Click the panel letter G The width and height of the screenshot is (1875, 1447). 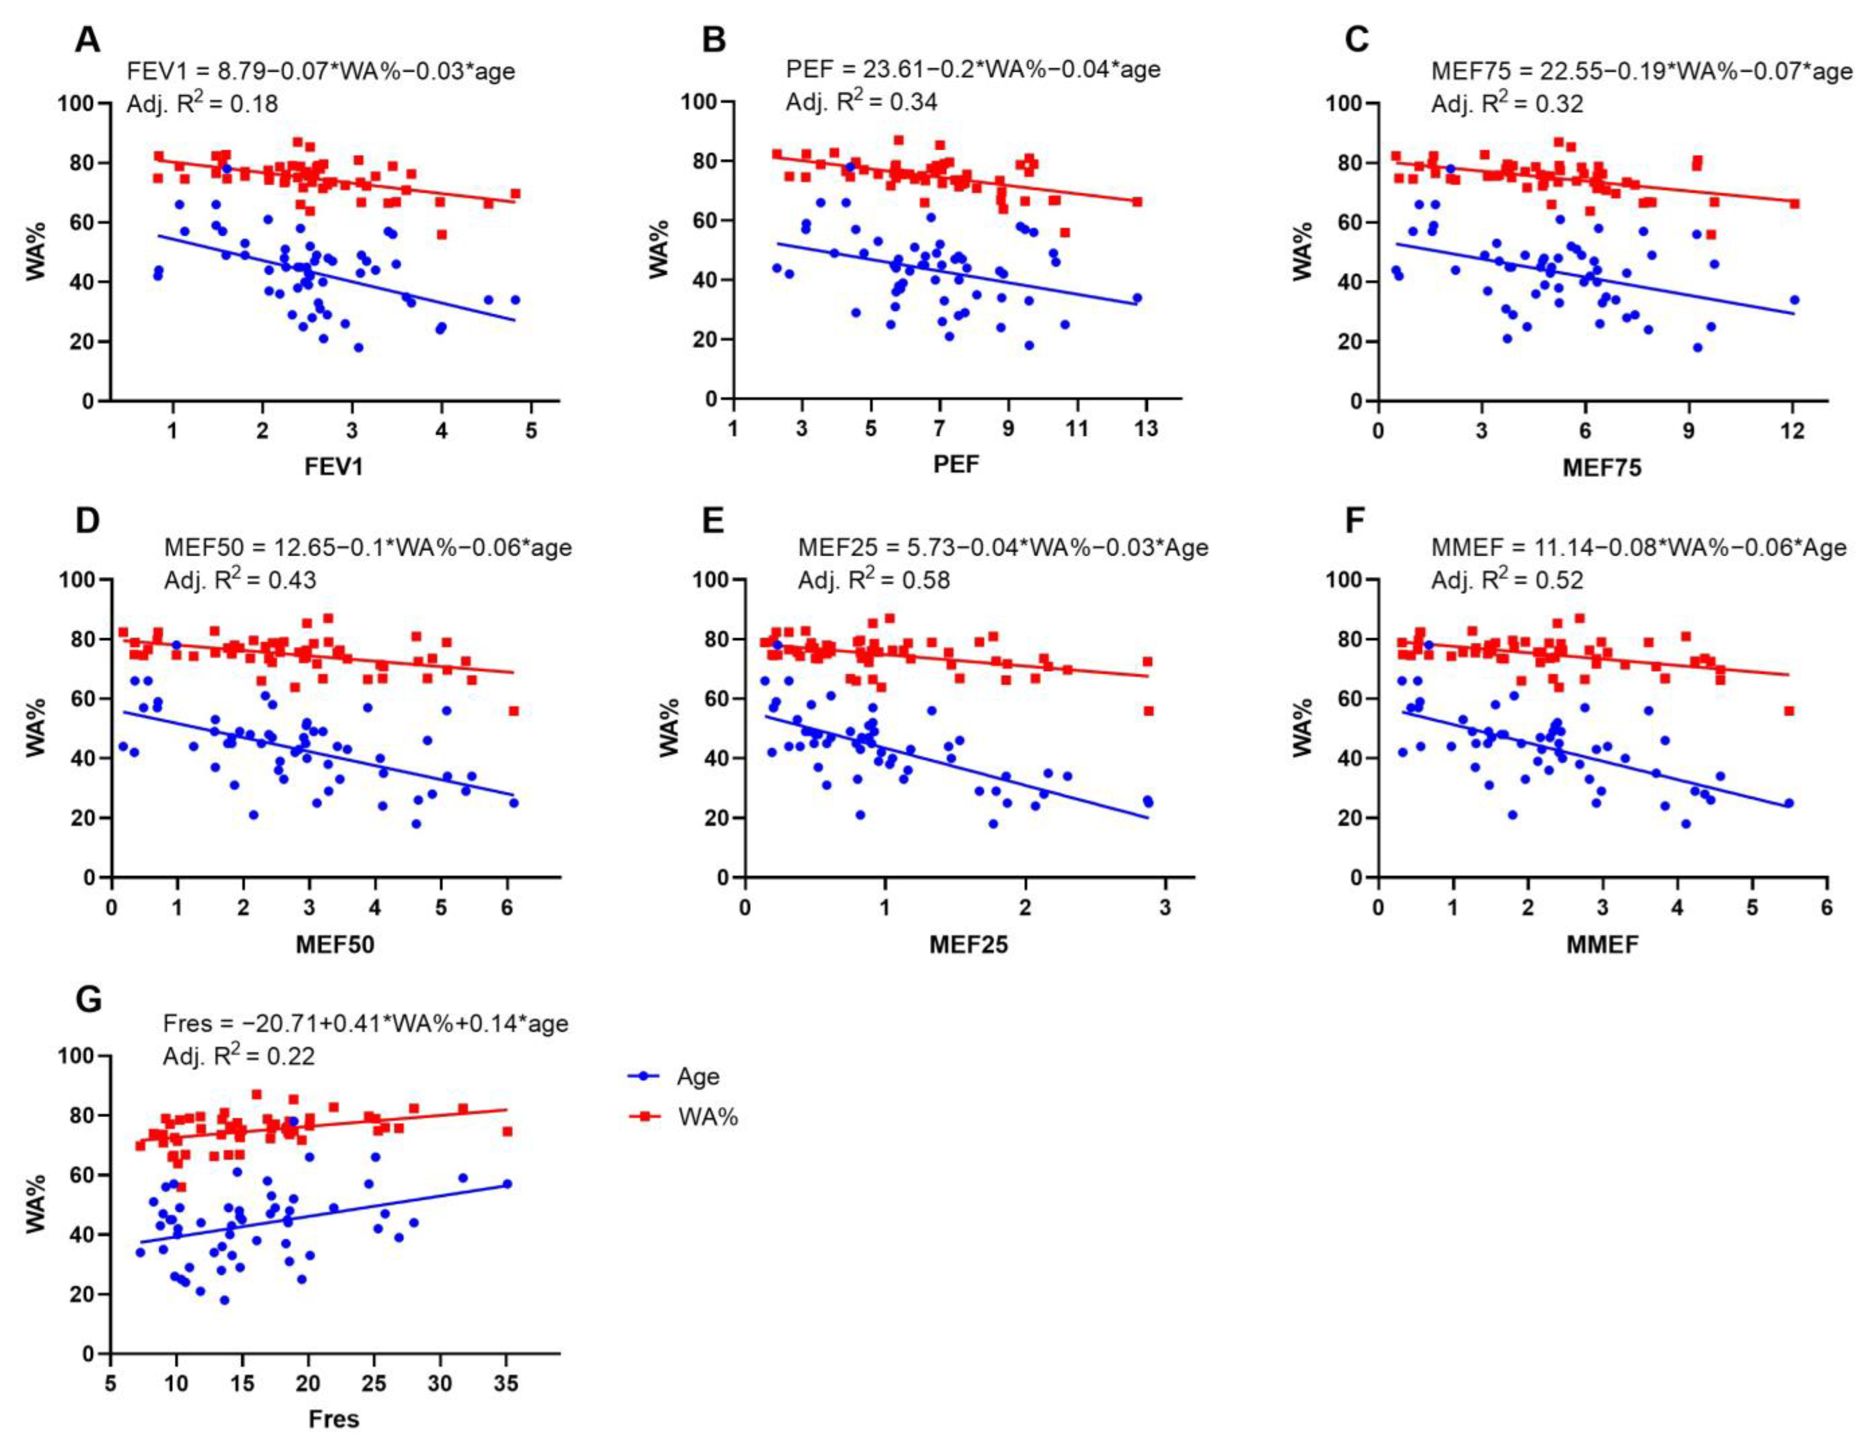click(89, 1000)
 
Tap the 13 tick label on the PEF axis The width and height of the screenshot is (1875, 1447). click(1145, 429)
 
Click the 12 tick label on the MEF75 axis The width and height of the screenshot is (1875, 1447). click(1792, 431)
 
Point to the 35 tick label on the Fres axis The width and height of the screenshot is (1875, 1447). click(506, 1383)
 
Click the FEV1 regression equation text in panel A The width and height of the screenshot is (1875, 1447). click(321, 70)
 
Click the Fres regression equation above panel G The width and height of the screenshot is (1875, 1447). click(366, 1024)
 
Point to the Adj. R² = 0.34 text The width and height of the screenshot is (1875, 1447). click(861, 101)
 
